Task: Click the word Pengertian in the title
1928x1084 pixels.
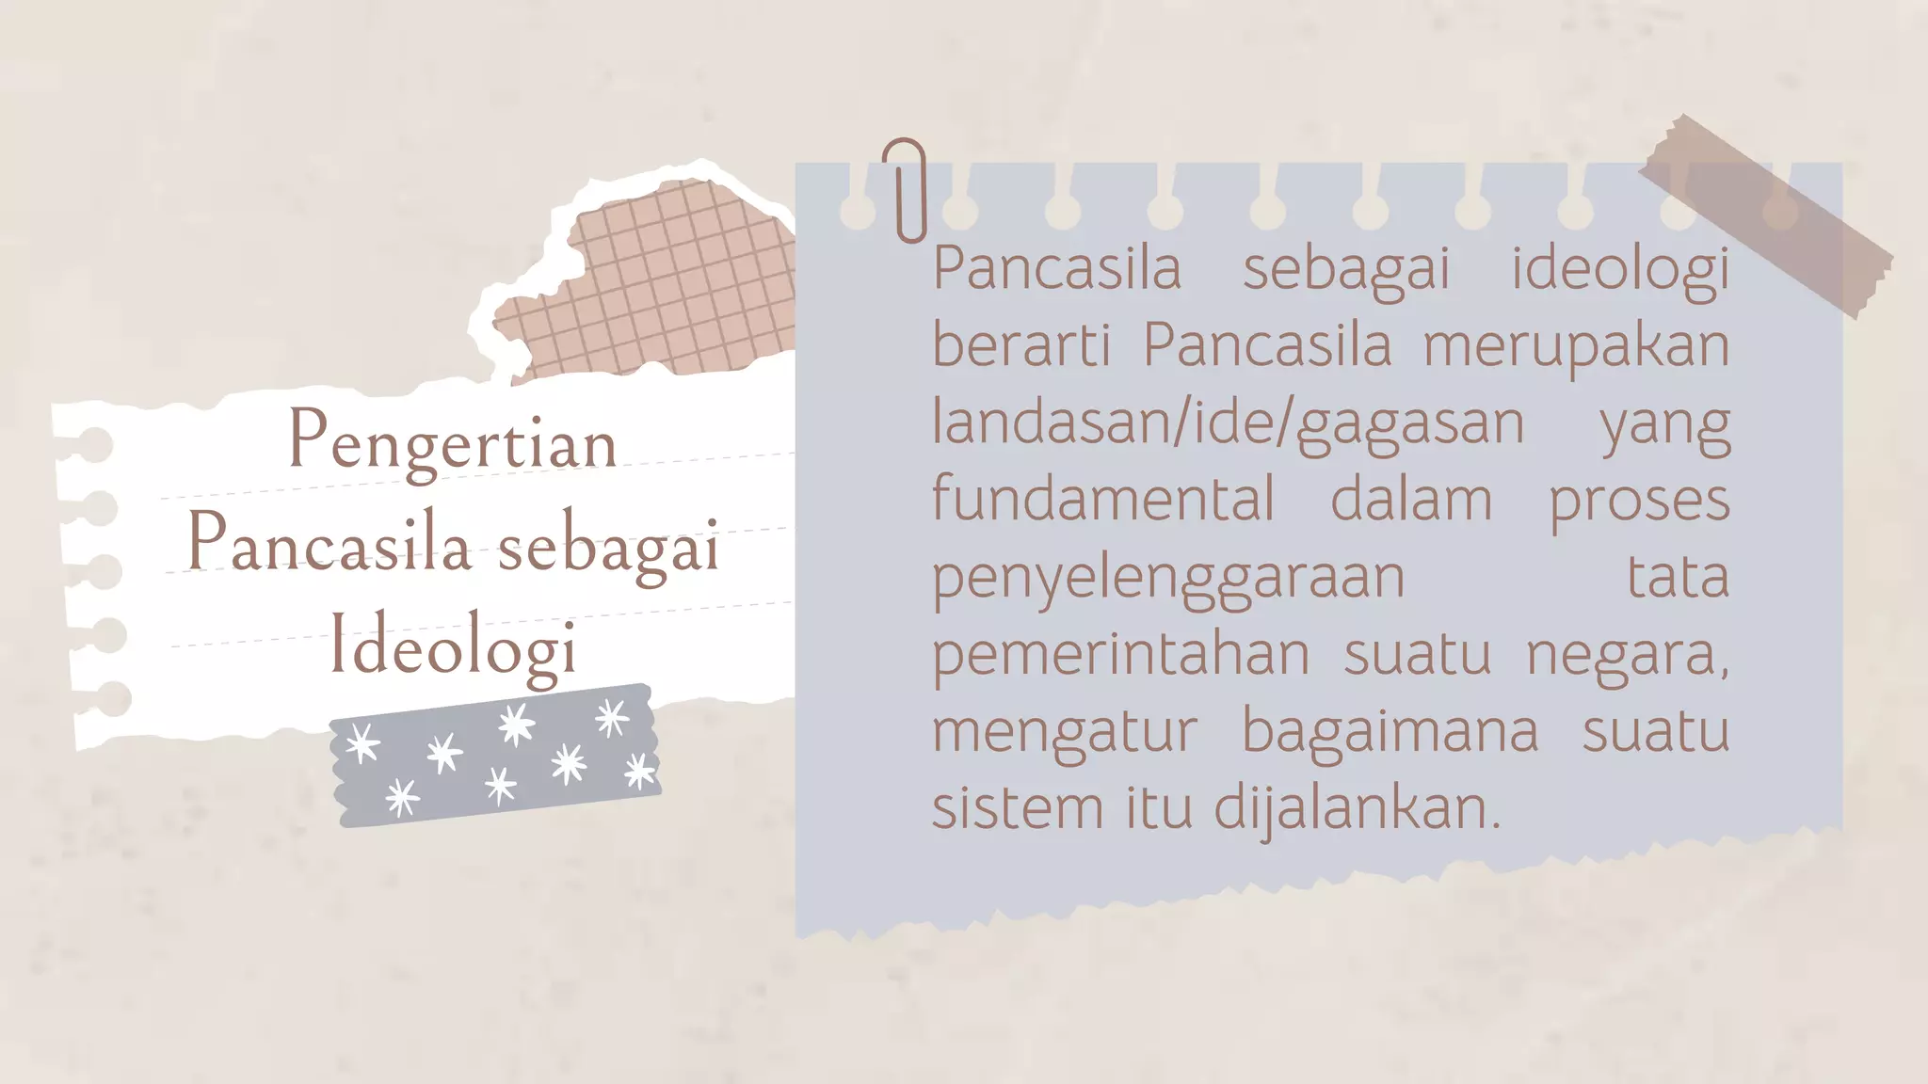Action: (x=452, y=442)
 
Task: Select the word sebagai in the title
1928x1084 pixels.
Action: (x=608, y=546)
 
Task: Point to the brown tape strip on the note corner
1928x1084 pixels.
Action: (x=1765, y=216)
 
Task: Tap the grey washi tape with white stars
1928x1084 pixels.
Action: (x=495, y=757)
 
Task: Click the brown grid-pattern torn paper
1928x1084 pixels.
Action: (x=659, y=282)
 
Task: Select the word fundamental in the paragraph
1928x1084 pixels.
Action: (x=1103, y=499)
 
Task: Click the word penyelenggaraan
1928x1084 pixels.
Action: (x=1168, y=577)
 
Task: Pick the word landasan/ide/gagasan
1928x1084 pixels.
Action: (x=1228, y=422)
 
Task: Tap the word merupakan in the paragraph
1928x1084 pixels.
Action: (x=1576, y=345)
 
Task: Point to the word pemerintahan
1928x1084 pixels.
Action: (x=1120, y=654)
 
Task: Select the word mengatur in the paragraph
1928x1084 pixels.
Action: (x=1064, y=731)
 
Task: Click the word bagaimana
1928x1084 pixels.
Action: (x=1390, y=731)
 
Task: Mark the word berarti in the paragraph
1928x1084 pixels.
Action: (x=1021, y=345)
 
